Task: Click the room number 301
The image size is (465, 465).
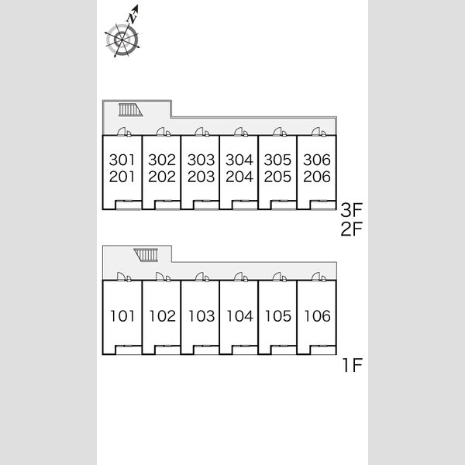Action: tap(122, 160)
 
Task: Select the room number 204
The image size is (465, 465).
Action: tap(239, 177)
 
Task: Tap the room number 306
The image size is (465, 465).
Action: tap(317, 160)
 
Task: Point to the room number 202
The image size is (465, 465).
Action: tap(162, 177)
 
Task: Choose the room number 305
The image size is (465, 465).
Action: tap(277, 160)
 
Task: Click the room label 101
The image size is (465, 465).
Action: tap(122, 316)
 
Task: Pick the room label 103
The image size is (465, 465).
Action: tap(201, 316)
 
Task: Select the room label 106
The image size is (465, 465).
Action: tap(317, 316)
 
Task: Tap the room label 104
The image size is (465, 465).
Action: tap(240, 316)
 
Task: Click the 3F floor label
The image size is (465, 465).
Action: tap(352, 210)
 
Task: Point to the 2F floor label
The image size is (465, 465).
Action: tap(352, 229)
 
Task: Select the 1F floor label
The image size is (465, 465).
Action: tap(353, 365)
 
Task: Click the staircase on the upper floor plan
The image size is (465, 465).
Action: tap(130, 110)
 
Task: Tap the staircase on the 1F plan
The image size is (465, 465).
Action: tap(146, 255)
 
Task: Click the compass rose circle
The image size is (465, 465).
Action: tap(122, 40)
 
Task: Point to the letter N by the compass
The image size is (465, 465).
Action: tap(132, 18)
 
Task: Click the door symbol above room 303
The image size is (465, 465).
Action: tap(202, 132)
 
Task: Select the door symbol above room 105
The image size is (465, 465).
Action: tap(280, 277)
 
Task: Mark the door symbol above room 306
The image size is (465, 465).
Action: tap(319, 132)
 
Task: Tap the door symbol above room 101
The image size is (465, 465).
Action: tap(124, 277)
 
